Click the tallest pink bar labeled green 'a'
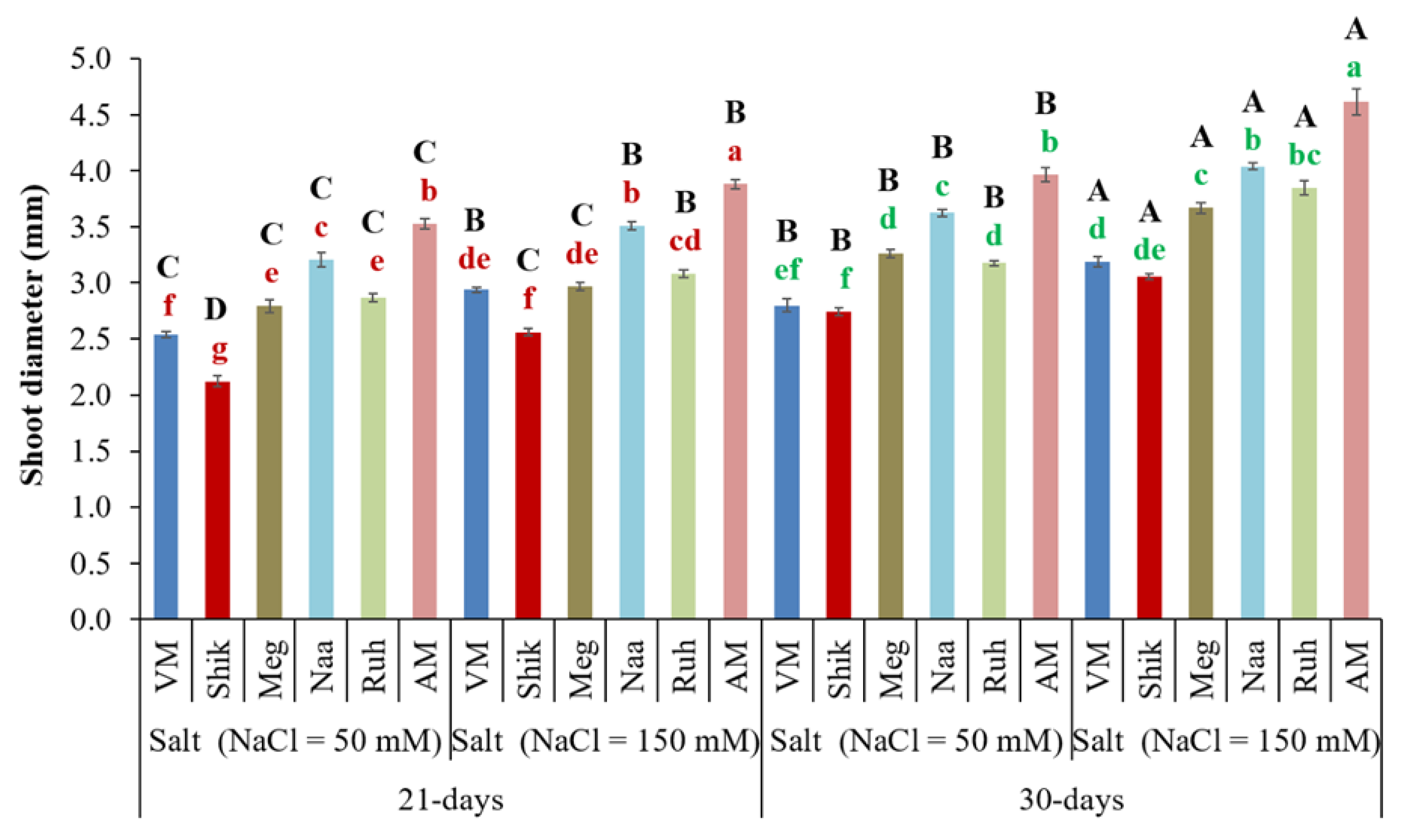[1356, 359]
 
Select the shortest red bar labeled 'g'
[217, 499]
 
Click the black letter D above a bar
[216, 309]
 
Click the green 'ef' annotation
[787, 270]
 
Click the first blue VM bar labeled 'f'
[166, 477]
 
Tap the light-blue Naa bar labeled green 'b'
[1253, 392]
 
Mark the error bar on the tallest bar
[1356, 102]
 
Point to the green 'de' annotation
[1149, 250]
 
